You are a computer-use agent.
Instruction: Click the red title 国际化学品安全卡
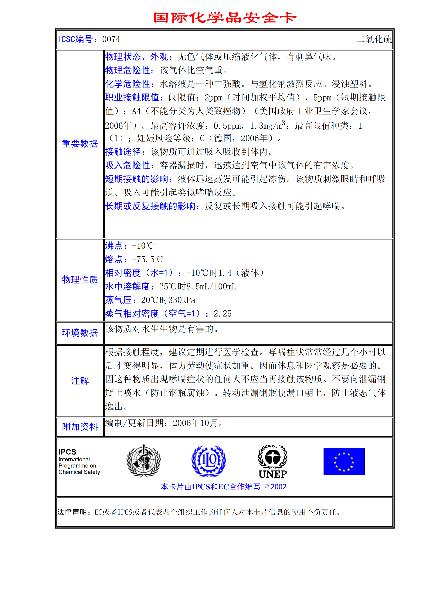pos(225,18)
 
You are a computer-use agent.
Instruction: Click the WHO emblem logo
pos(144,461)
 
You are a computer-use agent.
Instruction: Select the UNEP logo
pos(273,461)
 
